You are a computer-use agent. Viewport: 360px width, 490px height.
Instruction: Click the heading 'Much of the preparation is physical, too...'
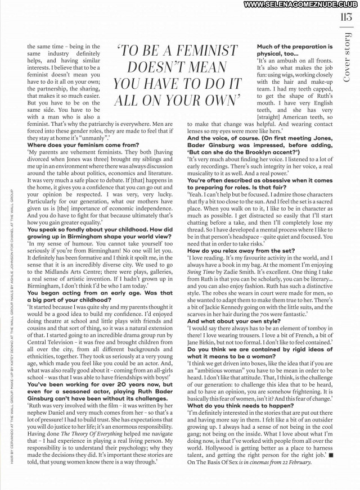pos(294,49)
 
